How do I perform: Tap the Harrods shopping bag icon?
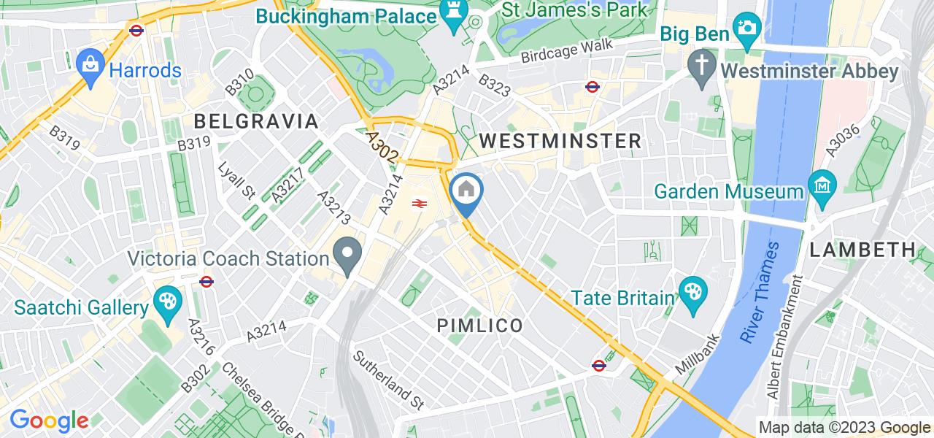[90, 64]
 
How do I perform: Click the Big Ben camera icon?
[747, 29]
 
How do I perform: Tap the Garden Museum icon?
[822, 183]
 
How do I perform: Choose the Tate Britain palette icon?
[690, 291]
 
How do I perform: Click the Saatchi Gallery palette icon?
[167, 301]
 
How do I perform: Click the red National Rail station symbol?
[419, 204]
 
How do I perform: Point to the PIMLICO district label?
[480, 326]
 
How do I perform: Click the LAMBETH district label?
[862, 250]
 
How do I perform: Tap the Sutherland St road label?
[389, 380]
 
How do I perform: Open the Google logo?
[49, 421]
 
